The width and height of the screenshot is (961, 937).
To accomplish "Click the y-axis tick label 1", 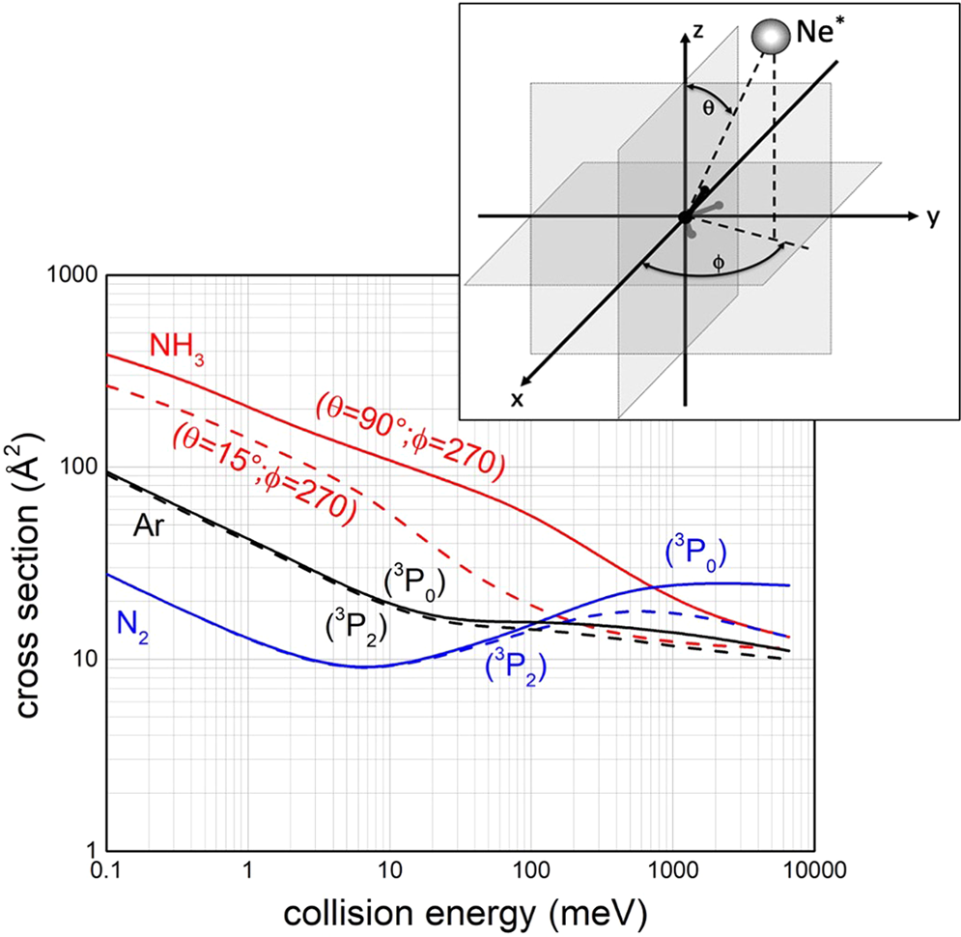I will [x=87, y=851].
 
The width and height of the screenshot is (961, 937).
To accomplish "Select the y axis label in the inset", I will [x=932, y=217].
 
